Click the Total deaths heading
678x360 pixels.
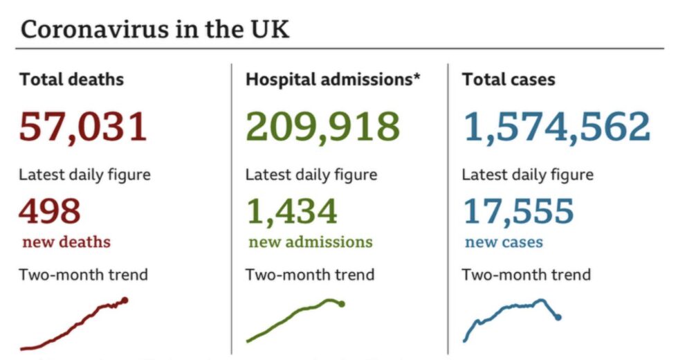[x=71, y=80]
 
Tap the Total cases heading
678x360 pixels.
[x=508, y=80]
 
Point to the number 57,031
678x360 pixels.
[x=83, y=127]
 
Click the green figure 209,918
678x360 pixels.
[x=322, y=127]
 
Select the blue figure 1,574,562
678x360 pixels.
[x=556, y=127]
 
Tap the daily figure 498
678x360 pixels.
[x=50, y=211]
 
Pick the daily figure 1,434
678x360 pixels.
[x=291, y=211]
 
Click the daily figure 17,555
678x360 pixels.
[x=518, y=211]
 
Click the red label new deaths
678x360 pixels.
[x=66, y=242]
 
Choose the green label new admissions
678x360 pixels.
[x=310, y=242]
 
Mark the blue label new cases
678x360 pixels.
[x=504, y=242]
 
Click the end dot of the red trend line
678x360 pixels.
[x=125, y=300]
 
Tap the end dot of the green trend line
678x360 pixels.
[x=341, y=304]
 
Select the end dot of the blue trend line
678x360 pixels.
[x=558, y=317]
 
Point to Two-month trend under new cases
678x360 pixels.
[x=526, y=275]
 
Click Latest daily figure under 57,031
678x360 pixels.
[x=84, y=174]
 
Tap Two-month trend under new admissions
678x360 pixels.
[x=309, y=275]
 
